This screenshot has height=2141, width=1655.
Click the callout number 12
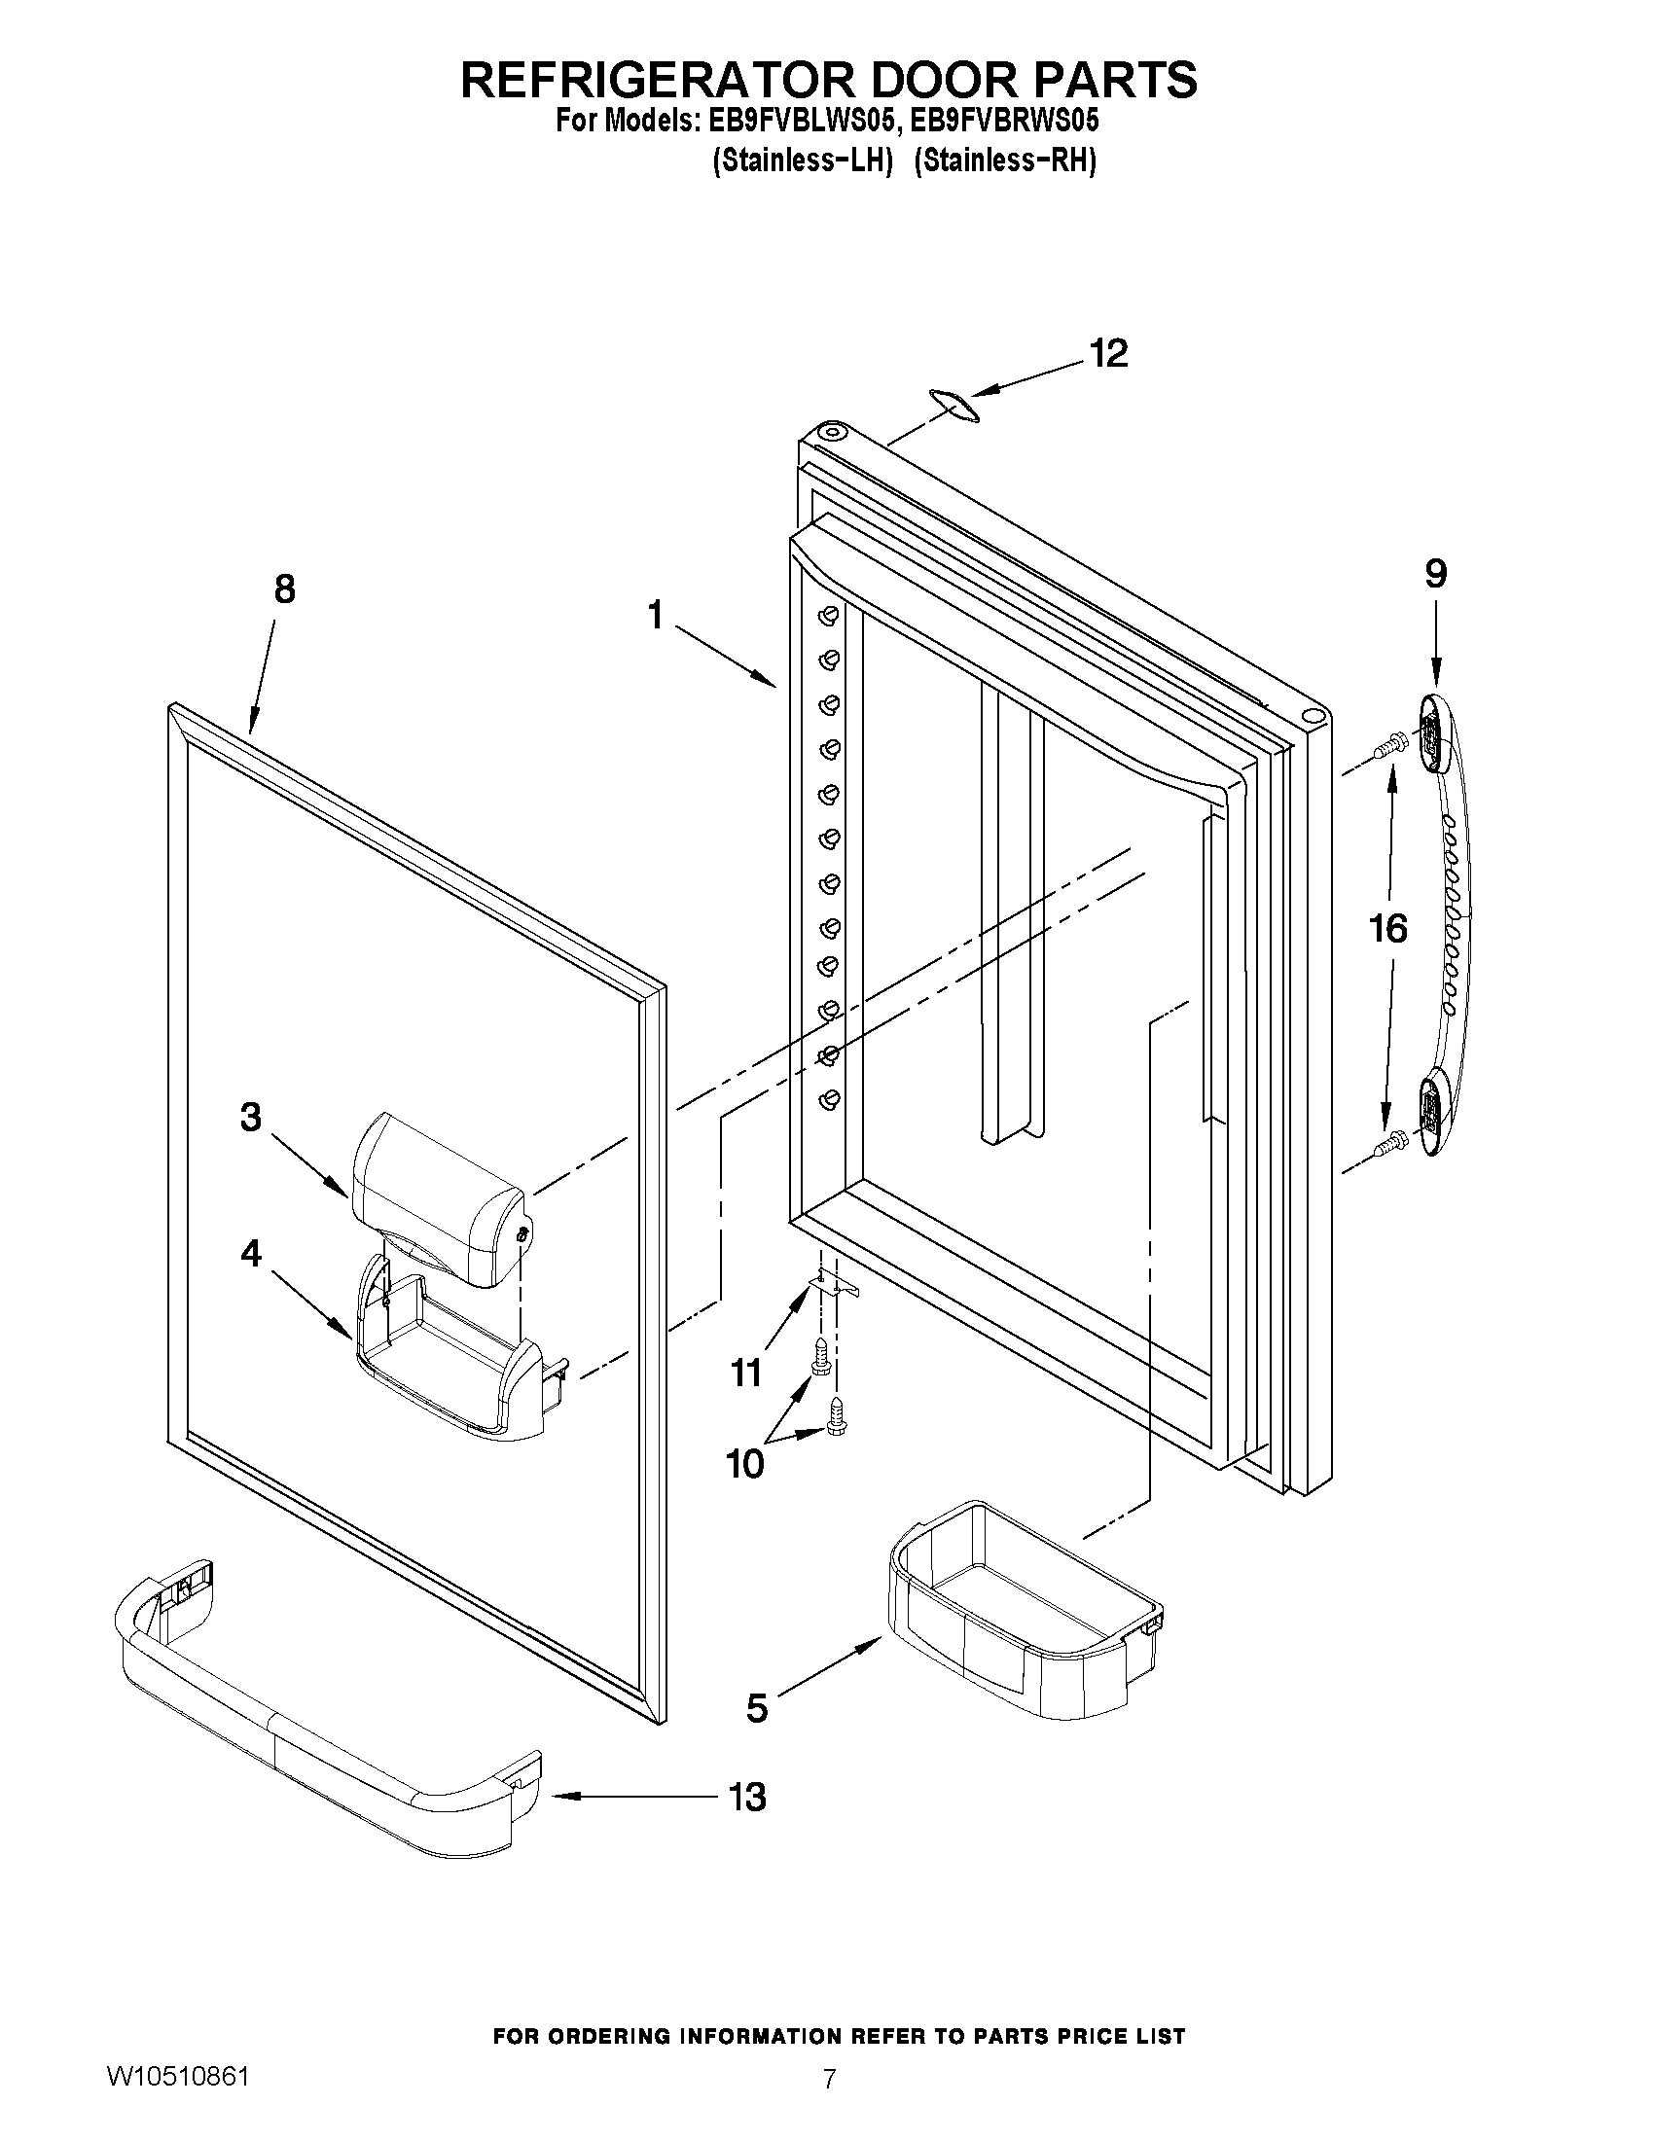coord(1109,354)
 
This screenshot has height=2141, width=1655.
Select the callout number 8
coord(283,589)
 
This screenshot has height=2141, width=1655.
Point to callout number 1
coord(655,616)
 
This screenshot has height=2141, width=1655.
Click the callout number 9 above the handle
coord(1435,574)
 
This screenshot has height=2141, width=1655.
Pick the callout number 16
coord(1388,927)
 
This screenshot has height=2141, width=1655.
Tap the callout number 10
coord(744,1464)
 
